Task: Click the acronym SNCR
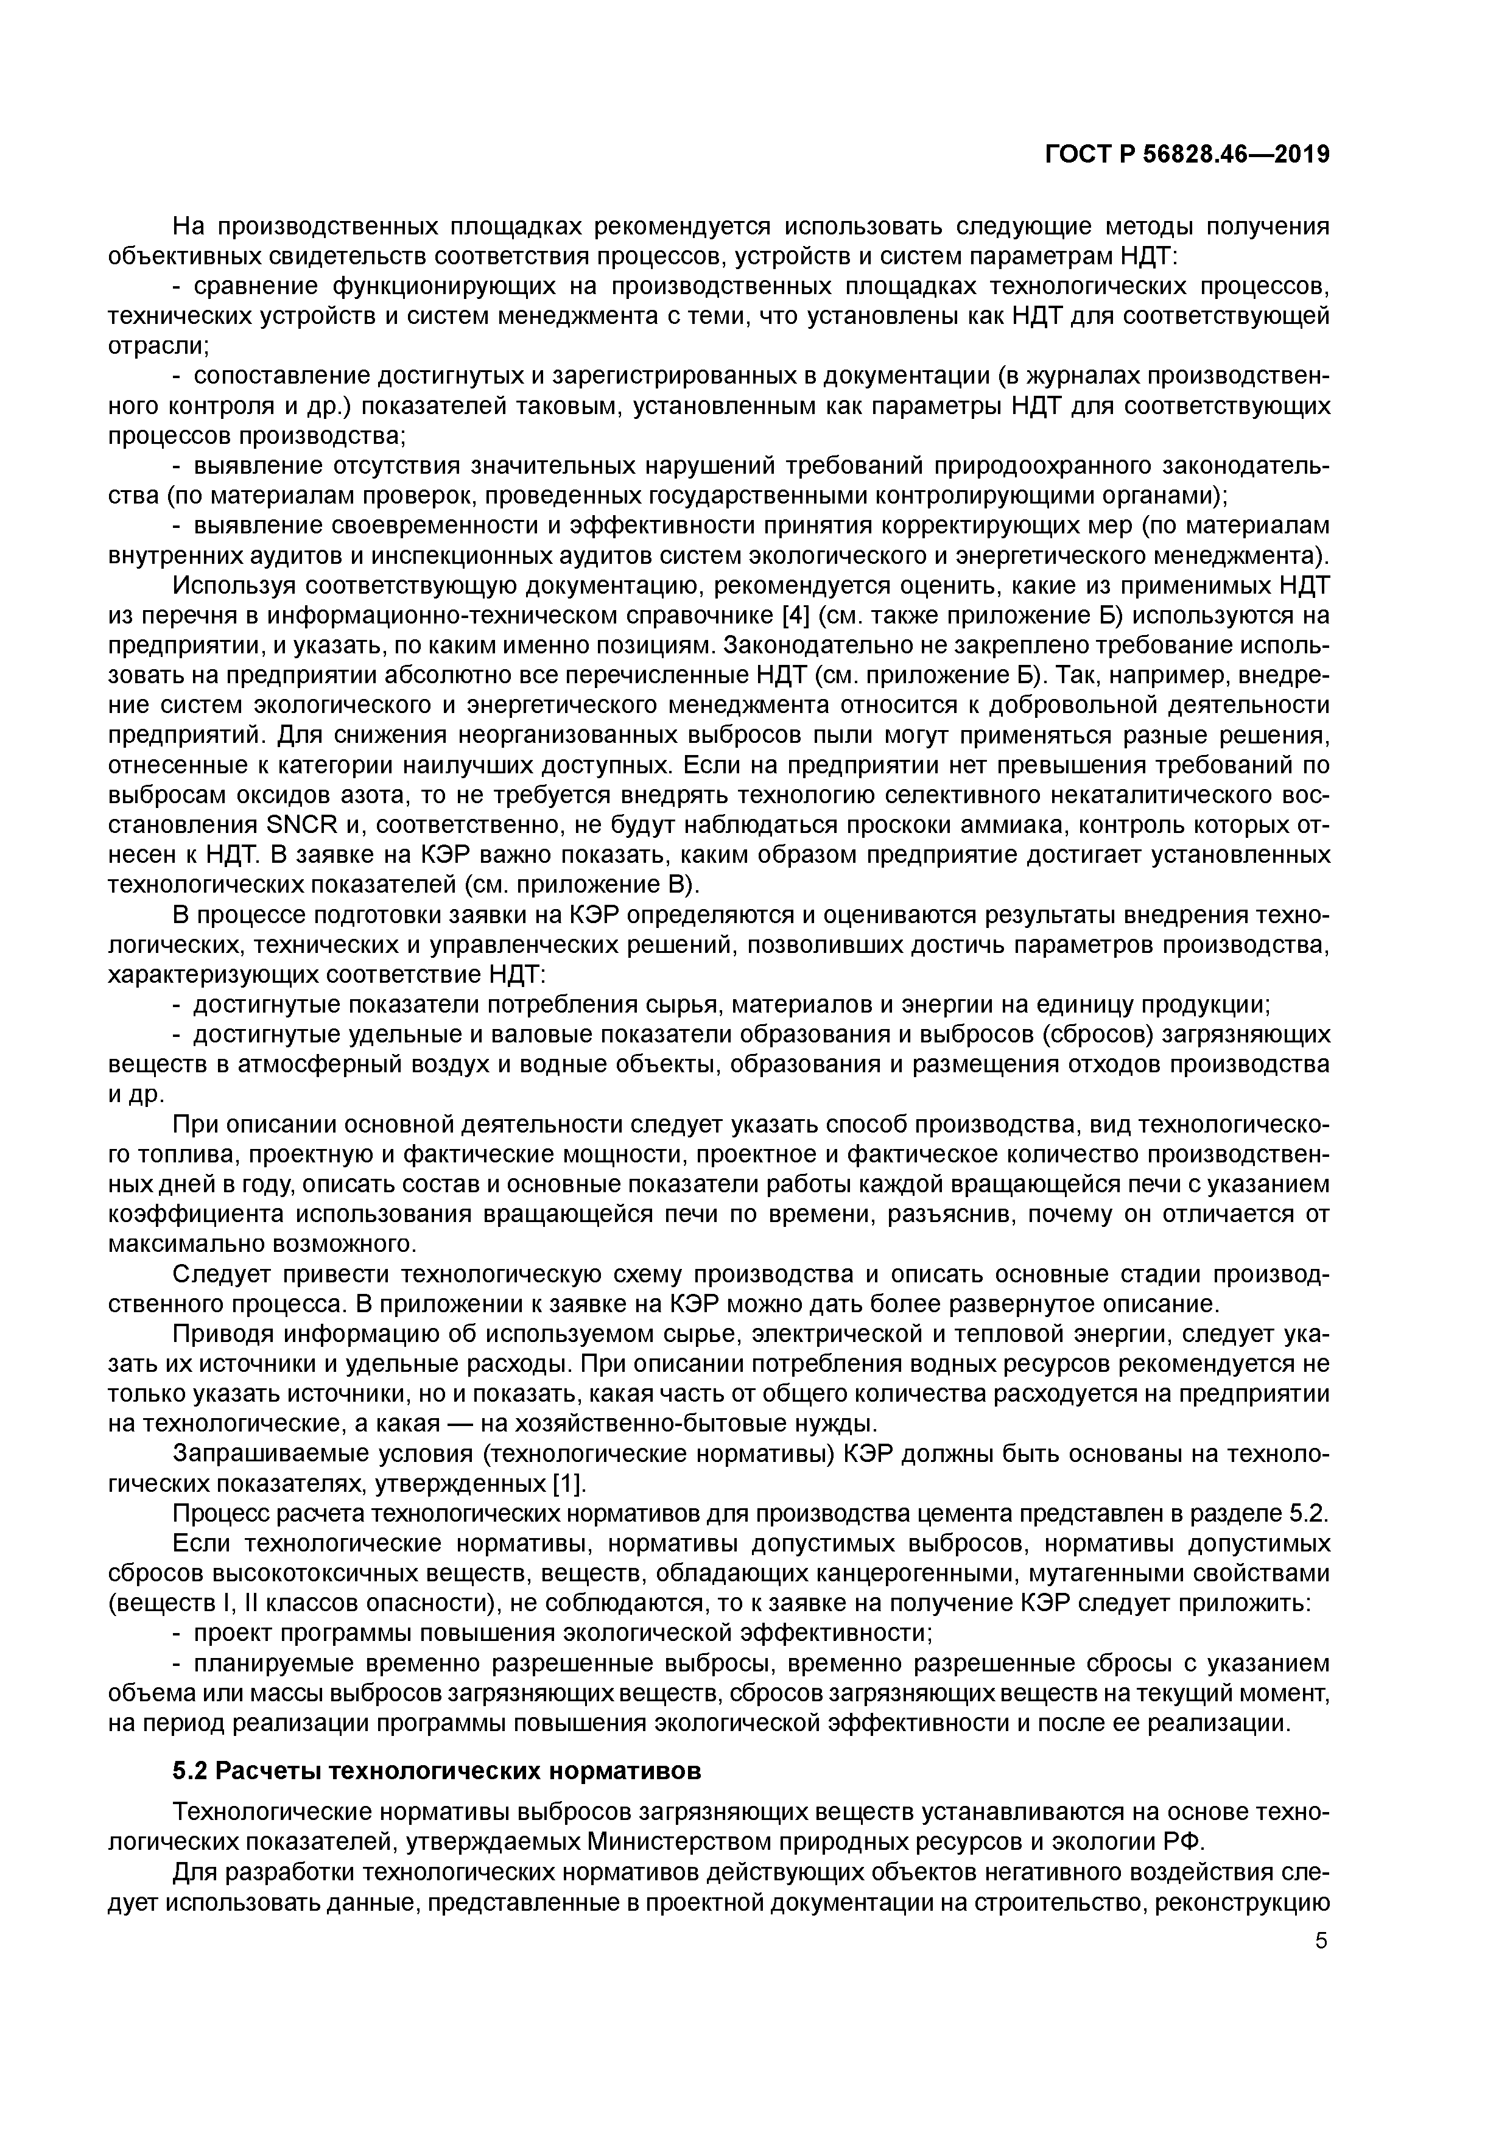(293, 825)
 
